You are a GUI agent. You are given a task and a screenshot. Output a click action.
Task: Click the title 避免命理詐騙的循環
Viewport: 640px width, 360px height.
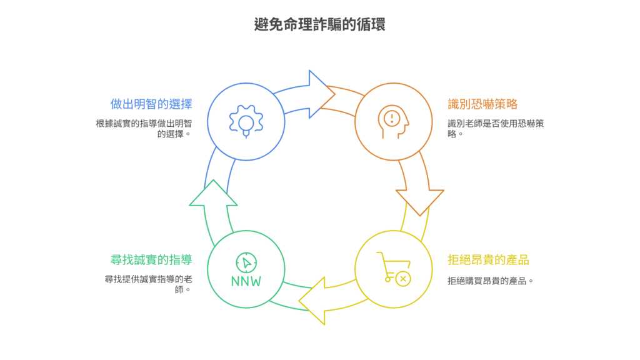[x=319, y=25]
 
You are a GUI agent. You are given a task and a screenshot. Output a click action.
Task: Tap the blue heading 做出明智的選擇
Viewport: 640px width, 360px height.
[x=151, y=104]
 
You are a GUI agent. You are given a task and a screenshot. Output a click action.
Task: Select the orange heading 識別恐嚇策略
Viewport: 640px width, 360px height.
[x=482, y=104]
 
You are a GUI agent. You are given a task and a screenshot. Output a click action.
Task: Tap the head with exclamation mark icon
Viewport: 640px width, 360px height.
[x=394, y=120]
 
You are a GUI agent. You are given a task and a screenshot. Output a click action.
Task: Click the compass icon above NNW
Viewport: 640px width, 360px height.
[x=246, y=262]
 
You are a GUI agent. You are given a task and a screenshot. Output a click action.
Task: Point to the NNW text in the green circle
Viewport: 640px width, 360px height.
[x=246, y=281]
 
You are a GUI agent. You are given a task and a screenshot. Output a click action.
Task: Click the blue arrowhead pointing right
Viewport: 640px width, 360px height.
[x=321, y=94]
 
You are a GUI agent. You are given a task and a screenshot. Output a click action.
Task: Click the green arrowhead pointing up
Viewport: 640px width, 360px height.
[x=213, y=194]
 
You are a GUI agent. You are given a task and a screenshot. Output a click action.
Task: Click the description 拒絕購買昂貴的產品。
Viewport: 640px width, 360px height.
[x=491, y=281]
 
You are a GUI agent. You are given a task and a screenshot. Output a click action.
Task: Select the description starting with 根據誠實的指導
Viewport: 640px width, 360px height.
[x=144, y=127]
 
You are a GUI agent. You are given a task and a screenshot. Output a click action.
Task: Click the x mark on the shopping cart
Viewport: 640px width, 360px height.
[x=404, y=278]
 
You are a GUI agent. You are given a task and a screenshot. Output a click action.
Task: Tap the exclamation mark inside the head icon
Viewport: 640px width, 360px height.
[x=392, y=117]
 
